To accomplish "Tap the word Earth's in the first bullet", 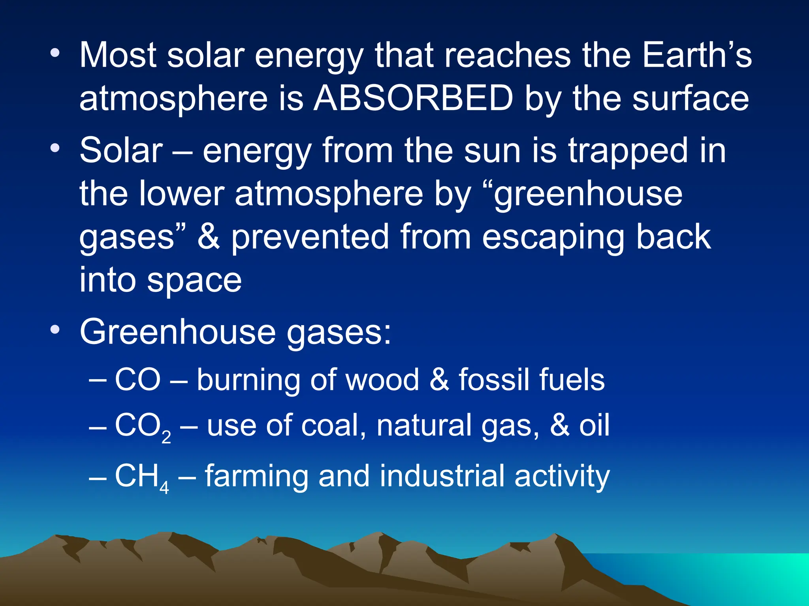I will point(697,55).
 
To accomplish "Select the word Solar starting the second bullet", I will point(121,150).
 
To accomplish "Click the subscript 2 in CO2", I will point(166,437).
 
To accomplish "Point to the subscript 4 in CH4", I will point(164,488).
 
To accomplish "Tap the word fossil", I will point(492,379).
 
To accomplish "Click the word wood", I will point(382,380).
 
